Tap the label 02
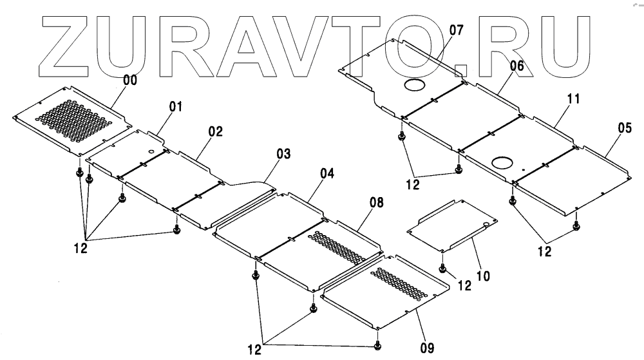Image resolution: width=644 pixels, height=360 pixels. click(x=215, y=131)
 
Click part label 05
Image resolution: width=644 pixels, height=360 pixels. click(x=624, y=128)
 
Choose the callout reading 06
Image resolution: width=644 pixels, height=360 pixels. click(x=516, y=66)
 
